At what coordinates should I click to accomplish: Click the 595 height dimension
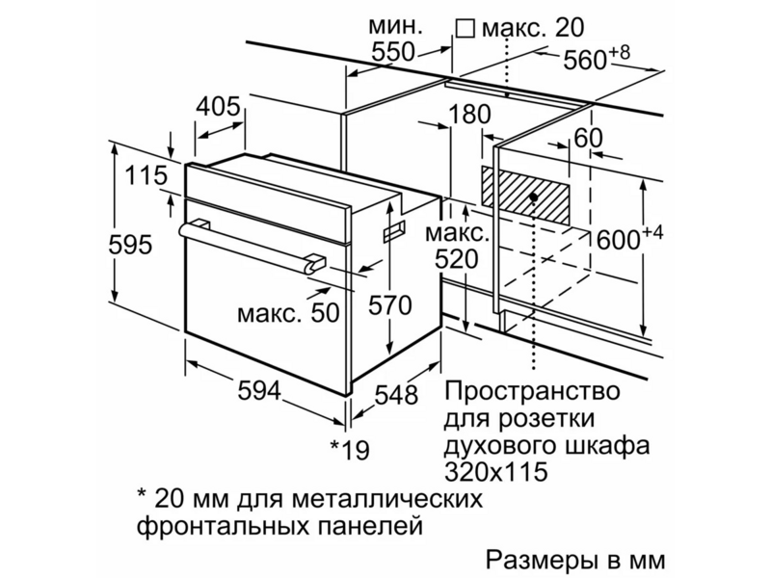coord(130,245)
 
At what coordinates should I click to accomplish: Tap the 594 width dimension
coord(259,390)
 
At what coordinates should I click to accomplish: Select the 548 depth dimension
coord(396,395)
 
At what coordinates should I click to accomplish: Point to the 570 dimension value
coord(390,305)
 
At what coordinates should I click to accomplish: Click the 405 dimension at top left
coord(218,107)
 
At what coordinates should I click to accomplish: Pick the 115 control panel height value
coord(146,175)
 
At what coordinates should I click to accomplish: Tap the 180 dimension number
coord(469,114)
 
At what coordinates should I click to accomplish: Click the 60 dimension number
coord(588,138)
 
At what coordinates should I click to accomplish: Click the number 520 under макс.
coord(456,259)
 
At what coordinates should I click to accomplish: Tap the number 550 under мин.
coord(393,51)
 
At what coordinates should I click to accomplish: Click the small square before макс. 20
coord(465,28)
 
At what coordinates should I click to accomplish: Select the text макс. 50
coord(288,312)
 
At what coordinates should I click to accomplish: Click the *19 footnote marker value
coord(350,449)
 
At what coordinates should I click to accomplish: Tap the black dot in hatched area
coord(534,197)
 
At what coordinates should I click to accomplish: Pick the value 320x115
coord(495,472)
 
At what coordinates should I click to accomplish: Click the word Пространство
coord(532,391)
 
